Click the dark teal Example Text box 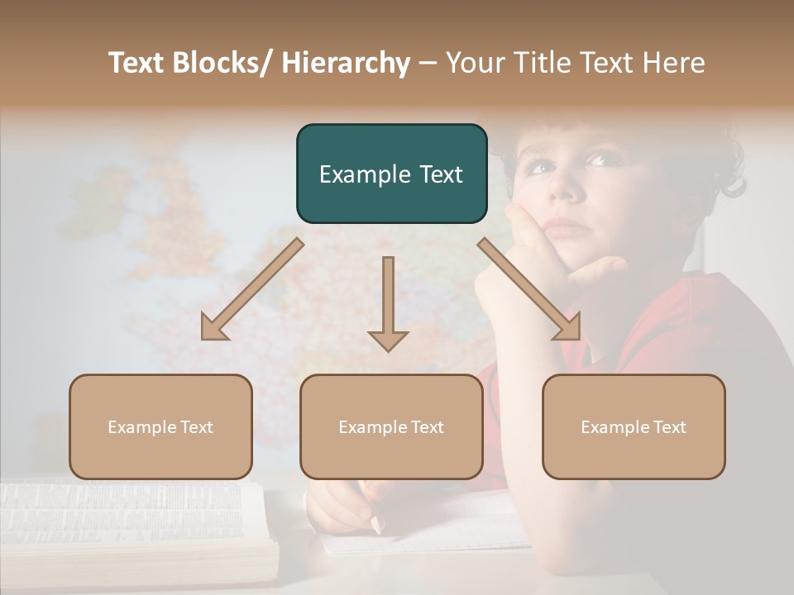[x=391, y=174]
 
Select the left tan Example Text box [x=160, y=426]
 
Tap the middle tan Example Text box [x=391, y=426]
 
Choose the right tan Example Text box [x=634, y=426]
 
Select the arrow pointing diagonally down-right [x=530, y=289]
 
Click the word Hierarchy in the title [x=346, y=63]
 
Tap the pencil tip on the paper [x=376, y=527]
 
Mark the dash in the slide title [x=428, y=64]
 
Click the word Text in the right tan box [x=669, y=426]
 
